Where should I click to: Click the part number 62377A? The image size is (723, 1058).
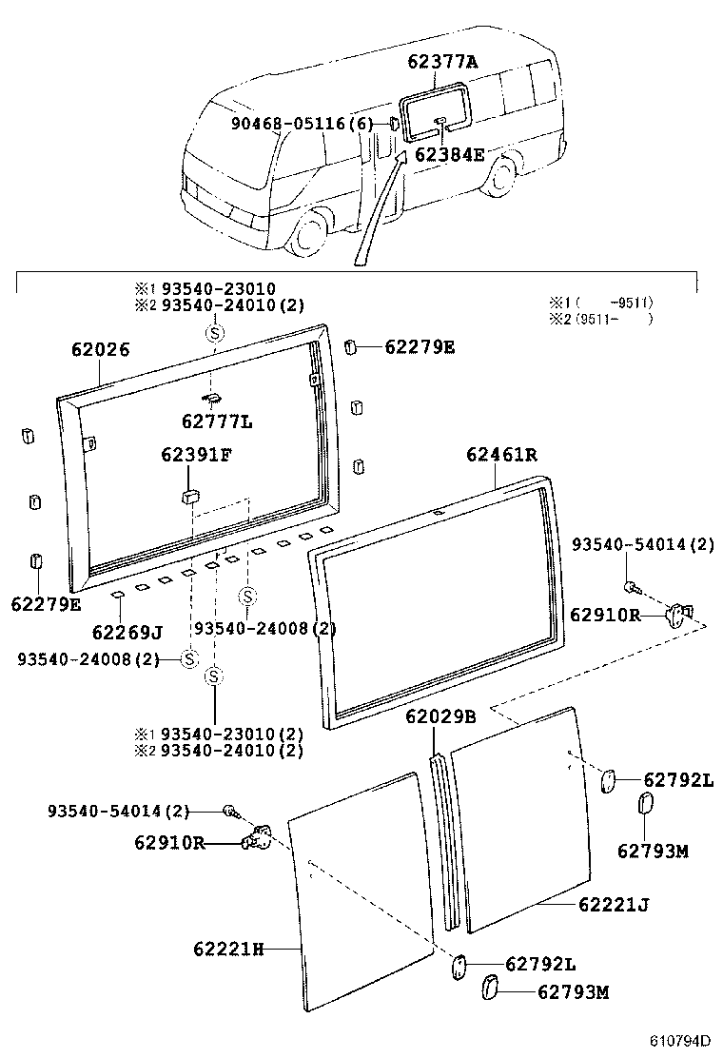[442, 62]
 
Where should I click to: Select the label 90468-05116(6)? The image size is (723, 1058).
[303, 124]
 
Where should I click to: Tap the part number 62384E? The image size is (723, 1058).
[449, 154]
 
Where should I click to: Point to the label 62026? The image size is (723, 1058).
[100, 350]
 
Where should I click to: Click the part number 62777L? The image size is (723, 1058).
[219, 421]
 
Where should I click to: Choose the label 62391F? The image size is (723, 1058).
[195, 455]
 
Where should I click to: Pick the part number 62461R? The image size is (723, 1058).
[501, 455]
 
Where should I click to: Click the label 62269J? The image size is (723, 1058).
[127, 632]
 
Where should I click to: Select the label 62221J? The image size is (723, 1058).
[613, 904]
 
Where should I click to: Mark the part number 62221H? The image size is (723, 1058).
[228, 949]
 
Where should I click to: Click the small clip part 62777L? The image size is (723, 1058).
[212, 398]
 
